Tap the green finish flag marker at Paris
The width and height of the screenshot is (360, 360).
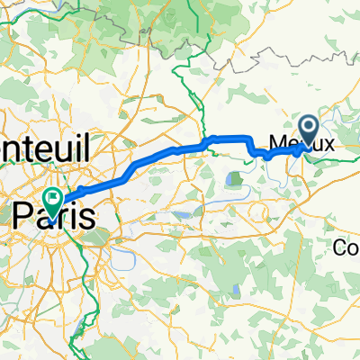click(54, 197)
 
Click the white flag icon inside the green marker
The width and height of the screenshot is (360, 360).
click(54, 195)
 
